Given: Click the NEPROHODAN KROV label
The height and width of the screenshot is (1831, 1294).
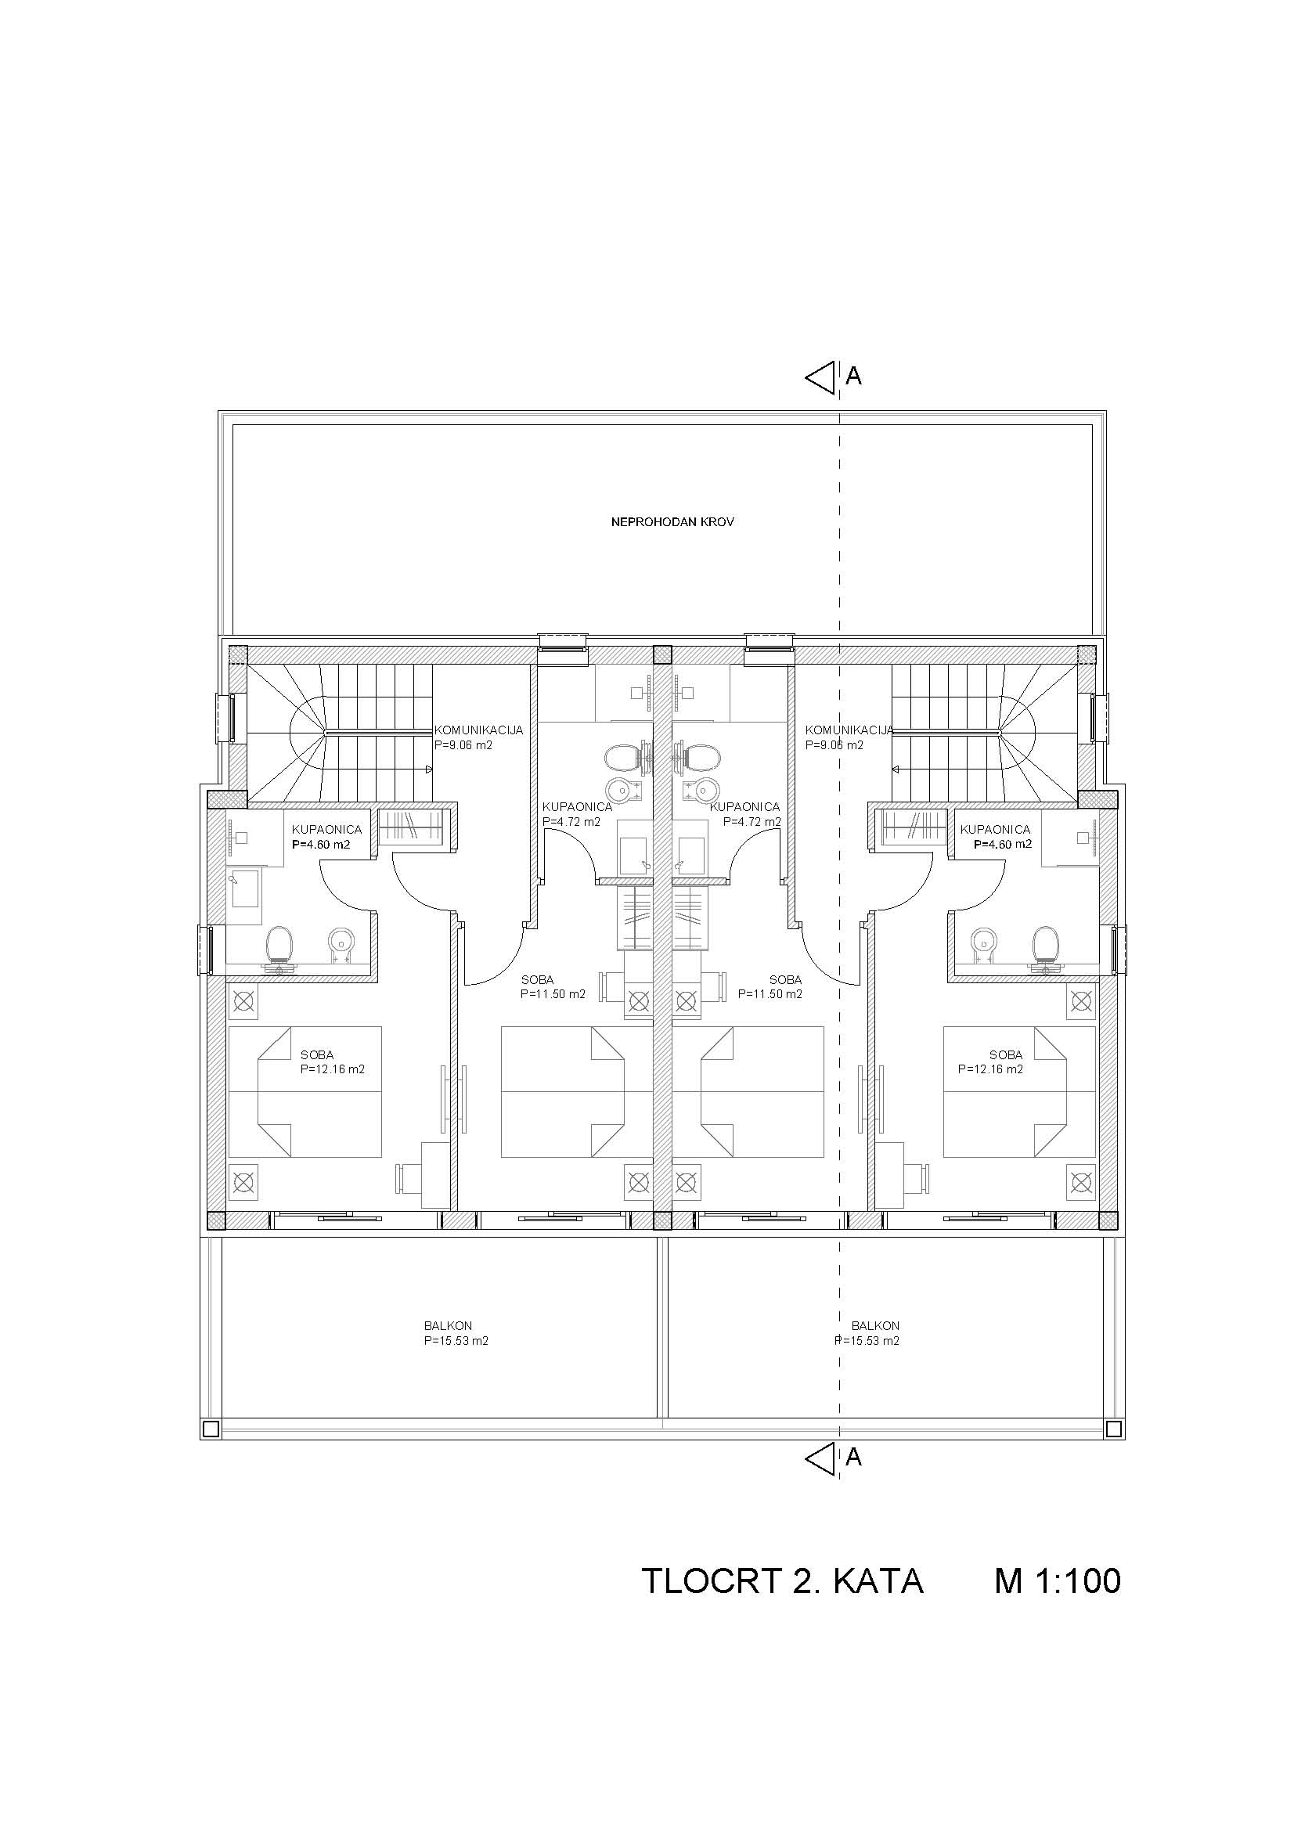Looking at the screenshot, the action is [x=672, y=523].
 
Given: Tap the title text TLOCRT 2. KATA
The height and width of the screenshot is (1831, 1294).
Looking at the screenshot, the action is [x=782, y=1581].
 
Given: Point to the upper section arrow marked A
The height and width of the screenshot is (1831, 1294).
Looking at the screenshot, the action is [x=821, y=377].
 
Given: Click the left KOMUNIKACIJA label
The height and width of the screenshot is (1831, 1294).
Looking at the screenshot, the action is [x=478, y=730].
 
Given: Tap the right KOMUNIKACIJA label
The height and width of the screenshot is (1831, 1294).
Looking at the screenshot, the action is [x=849, y=730].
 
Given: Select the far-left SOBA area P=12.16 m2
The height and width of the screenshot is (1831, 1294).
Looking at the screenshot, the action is [x=333, y=1069].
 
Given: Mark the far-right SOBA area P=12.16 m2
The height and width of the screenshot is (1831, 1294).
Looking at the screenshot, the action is [x=990, y=1069].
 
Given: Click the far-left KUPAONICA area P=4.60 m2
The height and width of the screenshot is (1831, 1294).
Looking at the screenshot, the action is [x=321, y=845].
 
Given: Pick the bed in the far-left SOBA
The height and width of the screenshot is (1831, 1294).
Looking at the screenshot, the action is [x=305, y=1092].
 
